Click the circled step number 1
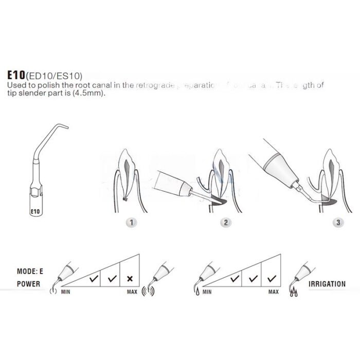click(132, 223)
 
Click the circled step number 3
click(337, 223)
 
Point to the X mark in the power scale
click(130, 279)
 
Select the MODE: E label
click(32, 271)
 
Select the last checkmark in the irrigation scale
click(272, 279)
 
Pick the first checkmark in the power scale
click(94, 279)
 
